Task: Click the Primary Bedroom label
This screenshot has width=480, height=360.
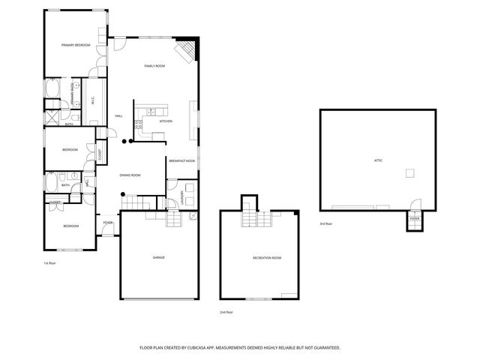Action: pyautogui.click(x=76, y=46)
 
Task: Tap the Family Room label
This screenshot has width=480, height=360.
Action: pyautogui.click(x=154, y=66)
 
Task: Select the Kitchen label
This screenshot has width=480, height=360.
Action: pyautogui.click(x=166, y=121)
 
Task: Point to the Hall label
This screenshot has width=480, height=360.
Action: pyautogui.click(x=118, y=116)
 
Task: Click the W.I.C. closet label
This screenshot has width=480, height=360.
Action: pyautogui.click(x=91, y=100)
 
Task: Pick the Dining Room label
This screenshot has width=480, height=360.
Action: pyautogui.click(x=130, y=175)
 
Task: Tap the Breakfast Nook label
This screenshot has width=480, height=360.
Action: pyautogui.click(x=181, y=160)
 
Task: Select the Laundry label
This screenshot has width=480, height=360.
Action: pyautogui.click(x=183, y=196)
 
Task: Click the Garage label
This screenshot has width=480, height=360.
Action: pyautogui.click(x=159, y=257)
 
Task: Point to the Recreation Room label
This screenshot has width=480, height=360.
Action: pyautogui.click(x=267, y=257)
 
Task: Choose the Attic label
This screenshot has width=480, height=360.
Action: pyautogui.click(x=378, y=160)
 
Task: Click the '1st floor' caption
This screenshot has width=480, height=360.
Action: pyautogui.click(x=50, y=263)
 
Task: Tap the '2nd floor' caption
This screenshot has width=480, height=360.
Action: pyautogui.click(x=226, y=312)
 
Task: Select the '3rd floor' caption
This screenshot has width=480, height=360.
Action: pyautogui.click(x=325, y=223)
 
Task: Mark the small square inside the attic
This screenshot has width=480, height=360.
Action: pyautogui.click(x=410, y=173)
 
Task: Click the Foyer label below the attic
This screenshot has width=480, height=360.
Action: pyautogui.click(x=415, y=219)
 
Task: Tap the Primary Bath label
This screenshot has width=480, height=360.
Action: pyautogui.click(x=73, y=90)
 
